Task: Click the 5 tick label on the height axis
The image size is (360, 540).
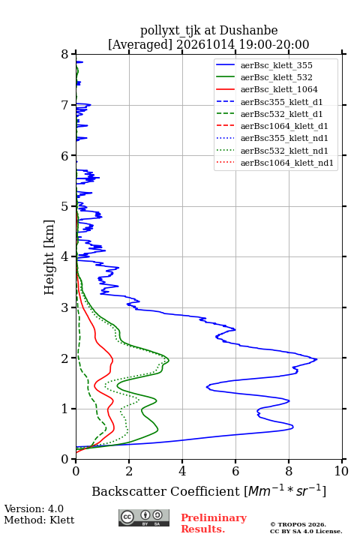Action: (x=65, y=206)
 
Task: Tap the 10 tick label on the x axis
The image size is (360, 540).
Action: (x=341, y=471)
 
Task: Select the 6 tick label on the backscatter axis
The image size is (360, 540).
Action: (x=235, y=471)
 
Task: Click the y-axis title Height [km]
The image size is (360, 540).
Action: (x=49, y=257)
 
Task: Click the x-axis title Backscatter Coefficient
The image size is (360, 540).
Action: (x=166, y=491)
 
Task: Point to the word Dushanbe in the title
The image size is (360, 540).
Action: (x=248, y=31)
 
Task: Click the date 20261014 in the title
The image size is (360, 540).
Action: (x=205, y=44)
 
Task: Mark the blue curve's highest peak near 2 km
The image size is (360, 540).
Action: (x=316, y=359)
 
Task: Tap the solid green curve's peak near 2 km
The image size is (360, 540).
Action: (x=169, y=360)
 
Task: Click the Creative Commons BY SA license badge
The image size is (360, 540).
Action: (x=144, y=517)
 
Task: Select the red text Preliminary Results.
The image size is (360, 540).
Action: (x=214, y=523)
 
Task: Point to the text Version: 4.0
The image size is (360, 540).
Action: (x=34, y=508)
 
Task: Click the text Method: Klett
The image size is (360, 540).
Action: (x=39, y=520)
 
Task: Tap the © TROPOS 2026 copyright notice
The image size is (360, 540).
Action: (x=298, y=524)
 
